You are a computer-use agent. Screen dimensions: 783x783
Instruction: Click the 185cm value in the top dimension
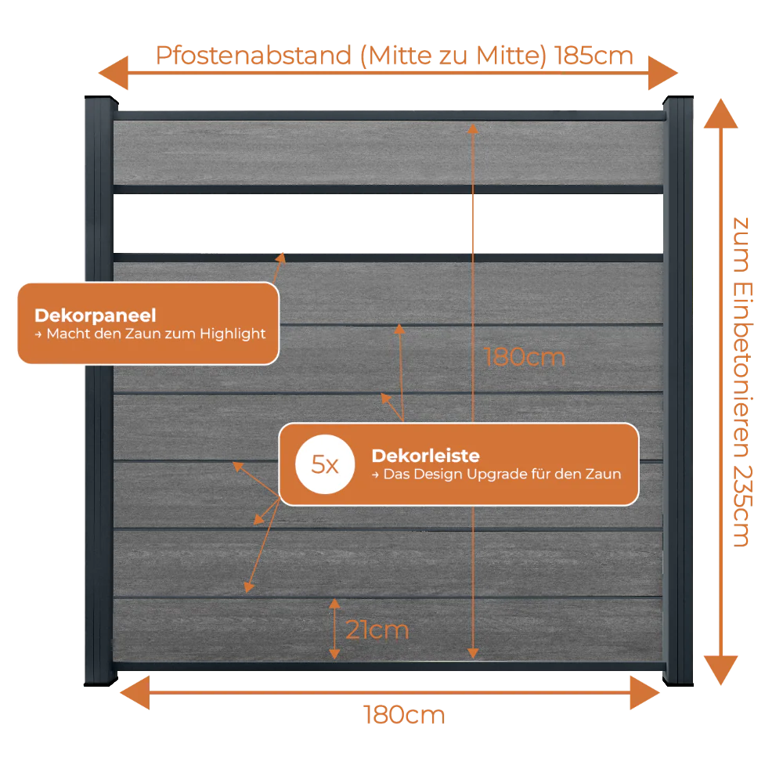(x=594, y=56)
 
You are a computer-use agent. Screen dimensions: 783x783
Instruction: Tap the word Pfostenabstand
(x=254, y=56)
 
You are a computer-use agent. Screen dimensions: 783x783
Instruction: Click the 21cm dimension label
(x=377, y=630)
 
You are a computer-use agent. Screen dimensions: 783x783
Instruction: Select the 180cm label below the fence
(x=404, y=715)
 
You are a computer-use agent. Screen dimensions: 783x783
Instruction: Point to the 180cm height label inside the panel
(x=525, y=358)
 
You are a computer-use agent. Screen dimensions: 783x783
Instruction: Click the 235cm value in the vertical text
(x=742, y=507)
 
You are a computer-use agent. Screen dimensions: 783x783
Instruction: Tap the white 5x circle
(x=325, y=464)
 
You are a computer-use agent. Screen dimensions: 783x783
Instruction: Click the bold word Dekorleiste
(x=425, y=456)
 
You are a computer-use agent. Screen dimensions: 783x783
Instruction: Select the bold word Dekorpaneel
(x=96, y=315)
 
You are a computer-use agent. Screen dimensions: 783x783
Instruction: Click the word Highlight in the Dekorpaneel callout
(x=233, y=334)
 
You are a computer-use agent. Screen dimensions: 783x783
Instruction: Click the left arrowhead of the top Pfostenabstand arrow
(x=114, y=73)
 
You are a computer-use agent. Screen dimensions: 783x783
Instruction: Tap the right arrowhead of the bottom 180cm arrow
(x=645, y=693)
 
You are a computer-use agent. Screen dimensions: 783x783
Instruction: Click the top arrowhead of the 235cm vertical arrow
(x=720, y=114)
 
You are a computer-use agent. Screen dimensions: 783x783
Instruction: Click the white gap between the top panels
(x=388, y=223)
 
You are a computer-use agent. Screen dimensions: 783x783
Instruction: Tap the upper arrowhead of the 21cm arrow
(x=334, y=603)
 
